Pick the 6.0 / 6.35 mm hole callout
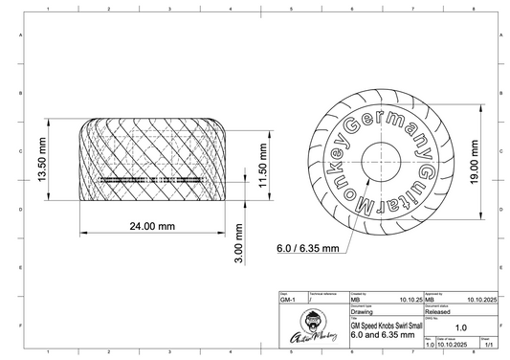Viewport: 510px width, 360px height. tap(308, 248)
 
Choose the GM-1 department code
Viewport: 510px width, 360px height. tap(288, 300)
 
